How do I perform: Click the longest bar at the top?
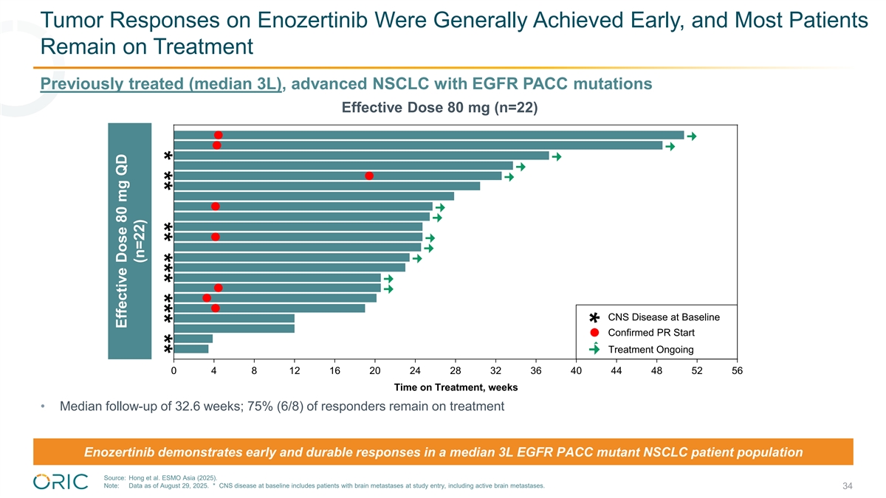pyautogui.click(x=428, y=135)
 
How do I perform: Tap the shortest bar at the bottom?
pyautogui.click(x=191, y=349)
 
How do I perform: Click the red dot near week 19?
pyautogui.click(x=369, y=176)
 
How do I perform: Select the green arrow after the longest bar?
pyautogui.click(x=692, y=136)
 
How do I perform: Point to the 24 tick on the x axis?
pyautogui.click(x=415, y=371)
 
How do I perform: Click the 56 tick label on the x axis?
pyautogui.click(x=737, y=371)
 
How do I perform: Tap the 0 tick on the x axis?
pyautogui.click(x=174, y=371)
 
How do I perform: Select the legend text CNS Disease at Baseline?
pyautogui.click(x=663, y=317)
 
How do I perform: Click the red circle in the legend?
pyautogui.click(x=594, y=333)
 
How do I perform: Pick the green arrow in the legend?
pyautogui.click(x=594, y=349)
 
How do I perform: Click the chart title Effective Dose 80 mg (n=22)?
pyautogui.click(x=439, y=108)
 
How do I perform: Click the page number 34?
pyautogui.click(x=848, y=486)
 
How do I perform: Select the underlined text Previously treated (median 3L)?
pyautogui.click(x=161, y=84)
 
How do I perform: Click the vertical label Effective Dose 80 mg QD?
pyautogui.click(x=121, y=251)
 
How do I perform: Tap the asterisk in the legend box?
pyautogui.click(x=594, y=318)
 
